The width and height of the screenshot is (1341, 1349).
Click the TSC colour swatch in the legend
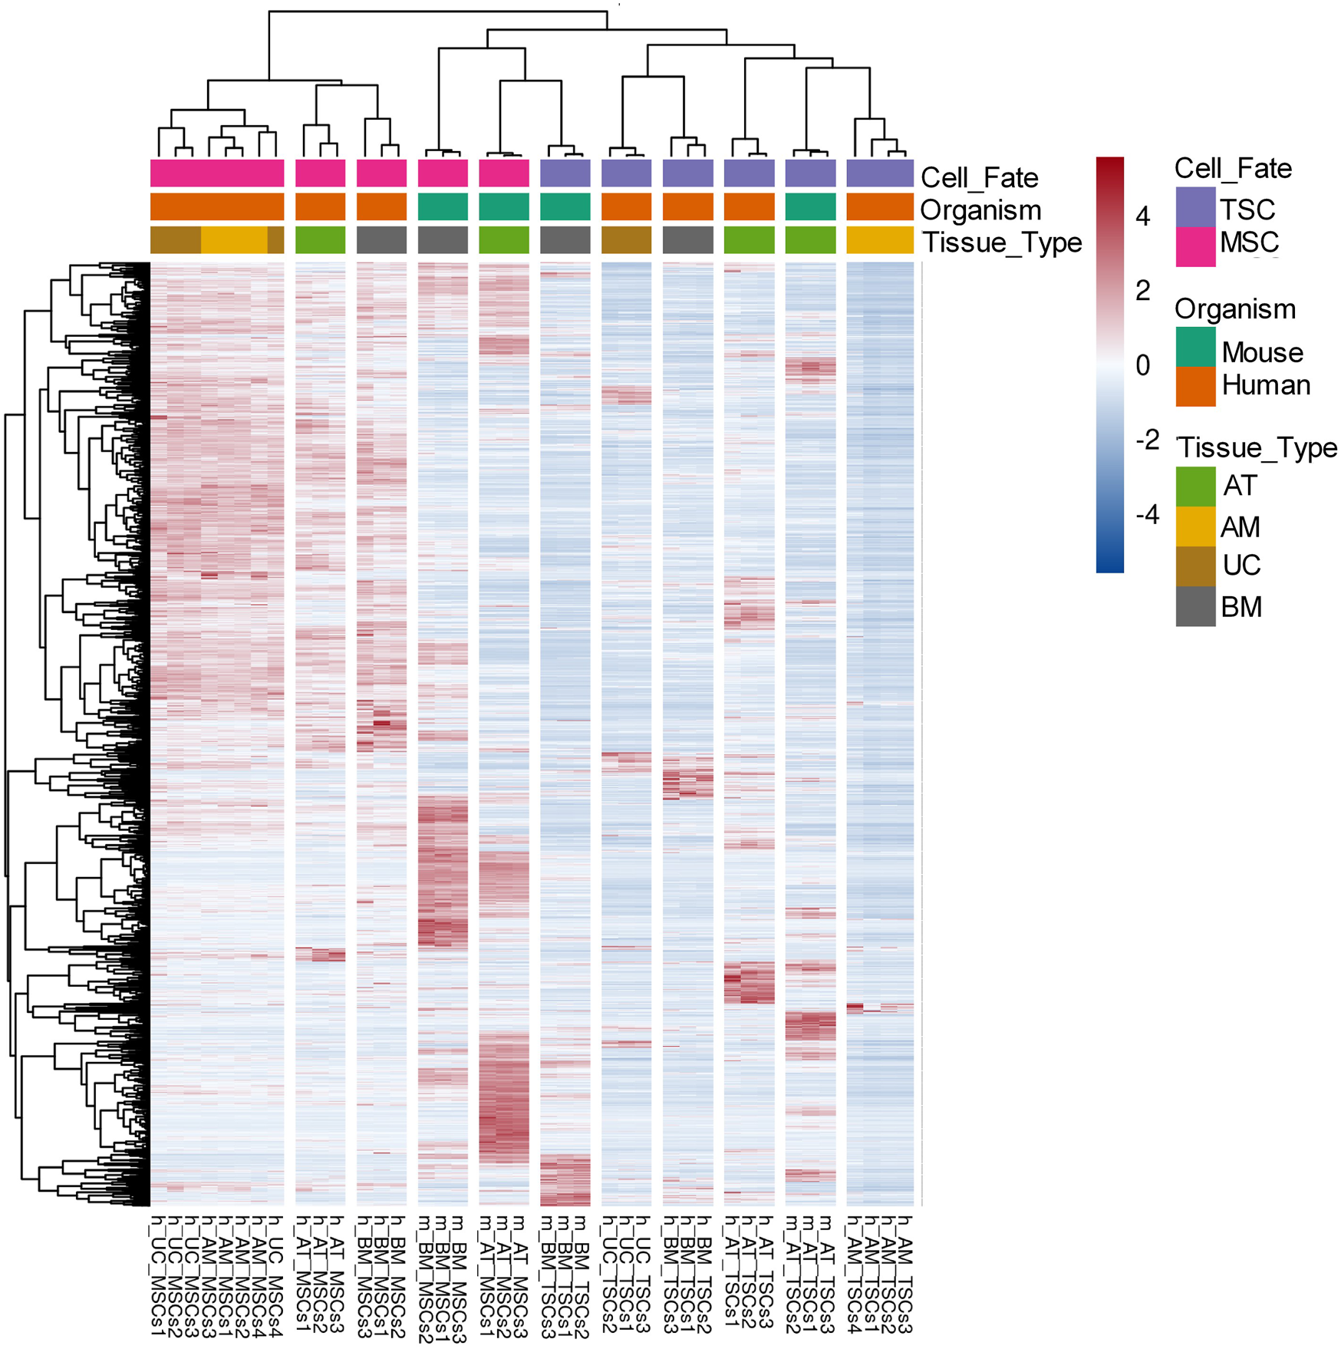pyautogui.click(x=1195, y=207)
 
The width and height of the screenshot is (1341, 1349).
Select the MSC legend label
pyautogui.click(x=1249, y=242)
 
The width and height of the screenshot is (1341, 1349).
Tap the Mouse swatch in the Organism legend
pyautogui.click(x=1195, y=347)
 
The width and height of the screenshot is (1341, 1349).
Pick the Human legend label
pyautogui.click(x=1266, y=384)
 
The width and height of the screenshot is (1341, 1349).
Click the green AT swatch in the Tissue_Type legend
pyautogui.click(x=1195, y=486)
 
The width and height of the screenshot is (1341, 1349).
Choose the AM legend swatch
pyautogui.click(x=1195, y=526)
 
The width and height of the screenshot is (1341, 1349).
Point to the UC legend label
pyautogui.click(x=1241, y=566)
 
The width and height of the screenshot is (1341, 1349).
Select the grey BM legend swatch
pyautogui.click(x=1195, y=606)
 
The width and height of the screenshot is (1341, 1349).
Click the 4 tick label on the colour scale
pyautogui.click(x=1143, y=217)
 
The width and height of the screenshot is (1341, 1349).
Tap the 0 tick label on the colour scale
pyautogui.click(x=1143, y=365)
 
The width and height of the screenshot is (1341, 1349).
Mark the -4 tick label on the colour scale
pyautogui.click(x=1147, y=514)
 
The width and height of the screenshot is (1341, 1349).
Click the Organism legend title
pyautogui.click(x=1235, y=309)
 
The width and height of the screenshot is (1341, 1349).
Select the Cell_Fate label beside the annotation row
pyautogui.click(x=980, y=178)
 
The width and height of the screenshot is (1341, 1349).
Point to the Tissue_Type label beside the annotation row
pyautogui.click(x=1001, y=242)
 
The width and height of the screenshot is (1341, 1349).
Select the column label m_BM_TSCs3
pyautogui.click(x=548, y=1277)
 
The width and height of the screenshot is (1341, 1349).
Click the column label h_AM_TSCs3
pyautogui.click(x=905, y=1275)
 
